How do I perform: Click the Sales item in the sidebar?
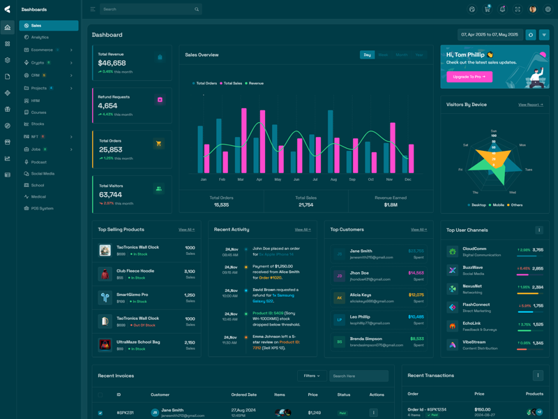[x=36, y=26]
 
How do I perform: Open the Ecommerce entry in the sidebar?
[x=42, y=50]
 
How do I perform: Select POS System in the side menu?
[x=42, y=208]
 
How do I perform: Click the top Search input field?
[x=146, y=9]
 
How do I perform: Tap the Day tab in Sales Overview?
[x=367, y=54]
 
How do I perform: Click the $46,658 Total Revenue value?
[x=112, y=63]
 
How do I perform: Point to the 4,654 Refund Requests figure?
[x=107, y=106]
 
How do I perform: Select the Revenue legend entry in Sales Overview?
[x=256, y=83]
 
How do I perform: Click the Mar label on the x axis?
[x=241, y=179]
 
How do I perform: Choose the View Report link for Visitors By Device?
[x=530, y=105]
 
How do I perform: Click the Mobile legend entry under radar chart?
[x=498, y=205]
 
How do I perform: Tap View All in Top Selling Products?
[x=186, y=230]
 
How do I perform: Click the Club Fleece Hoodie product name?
[x=135, y=271]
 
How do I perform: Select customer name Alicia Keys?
[x=361, y=295]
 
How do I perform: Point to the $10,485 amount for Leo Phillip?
[x=416, y=317]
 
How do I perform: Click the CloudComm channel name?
[x=474, y=249]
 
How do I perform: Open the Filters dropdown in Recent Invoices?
[x=311, y=376]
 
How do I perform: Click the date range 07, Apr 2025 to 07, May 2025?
[x=490, y=35]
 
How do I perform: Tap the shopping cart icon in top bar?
[x=487, y=10]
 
